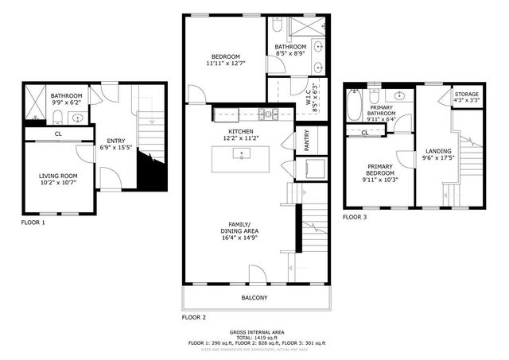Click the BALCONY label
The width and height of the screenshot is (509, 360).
(x=254, y=298)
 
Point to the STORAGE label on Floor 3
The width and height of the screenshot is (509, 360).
(x=466, y=94)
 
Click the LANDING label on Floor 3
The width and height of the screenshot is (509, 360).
(x=437, y=151)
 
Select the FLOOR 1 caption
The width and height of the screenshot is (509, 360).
(x=33, y=223)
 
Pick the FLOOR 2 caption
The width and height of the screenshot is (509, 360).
(x=194, y=317)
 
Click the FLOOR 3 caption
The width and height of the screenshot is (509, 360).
(x=356, y=217)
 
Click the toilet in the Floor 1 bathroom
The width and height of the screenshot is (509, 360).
(x=58, y=118)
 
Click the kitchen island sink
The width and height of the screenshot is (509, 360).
(x=241, y=152)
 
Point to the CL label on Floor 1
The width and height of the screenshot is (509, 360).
(x=58, y=134)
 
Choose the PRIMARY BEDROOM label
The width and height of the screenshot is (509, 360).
(x=380, y=172)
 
